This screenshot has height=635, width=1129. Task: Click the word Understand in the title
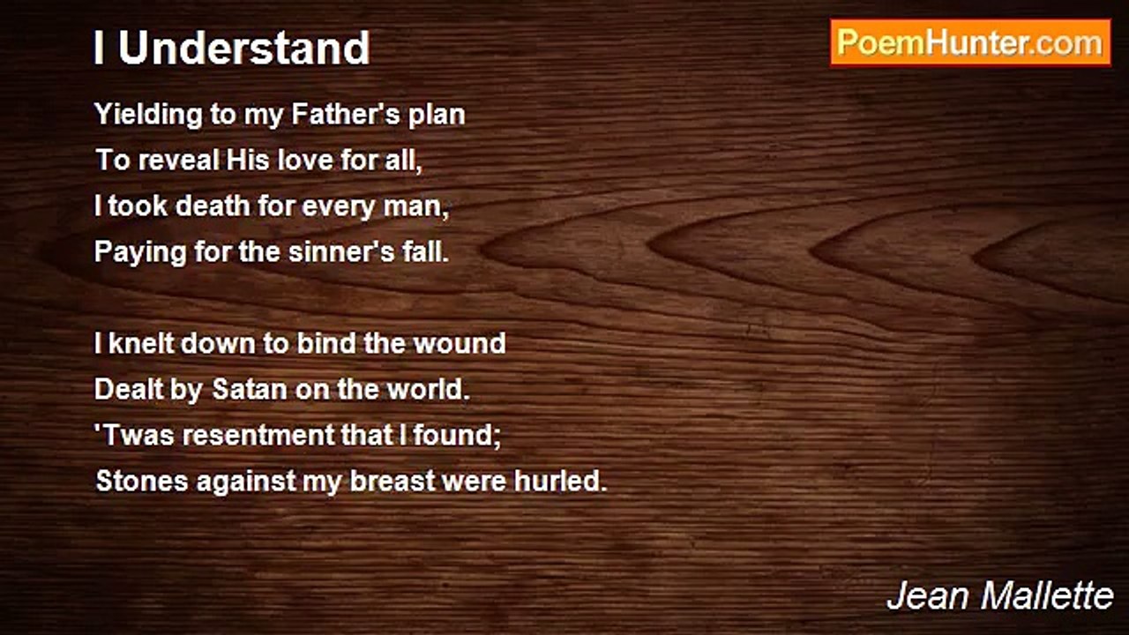coord(244,48)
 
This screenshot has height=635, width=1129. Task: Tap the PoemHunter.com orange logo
coord(970,43)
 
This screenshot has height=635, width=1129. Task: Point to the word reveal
coord(179,160)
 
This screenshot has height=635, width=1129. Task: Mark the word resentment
coord(258,435)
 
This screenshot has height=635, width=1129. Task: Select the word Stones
coord(142,481)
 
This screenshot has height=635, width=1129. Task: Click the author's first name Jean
coord(927,596)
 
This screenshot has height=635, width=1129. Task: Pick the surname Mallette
coord(1047,596)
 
